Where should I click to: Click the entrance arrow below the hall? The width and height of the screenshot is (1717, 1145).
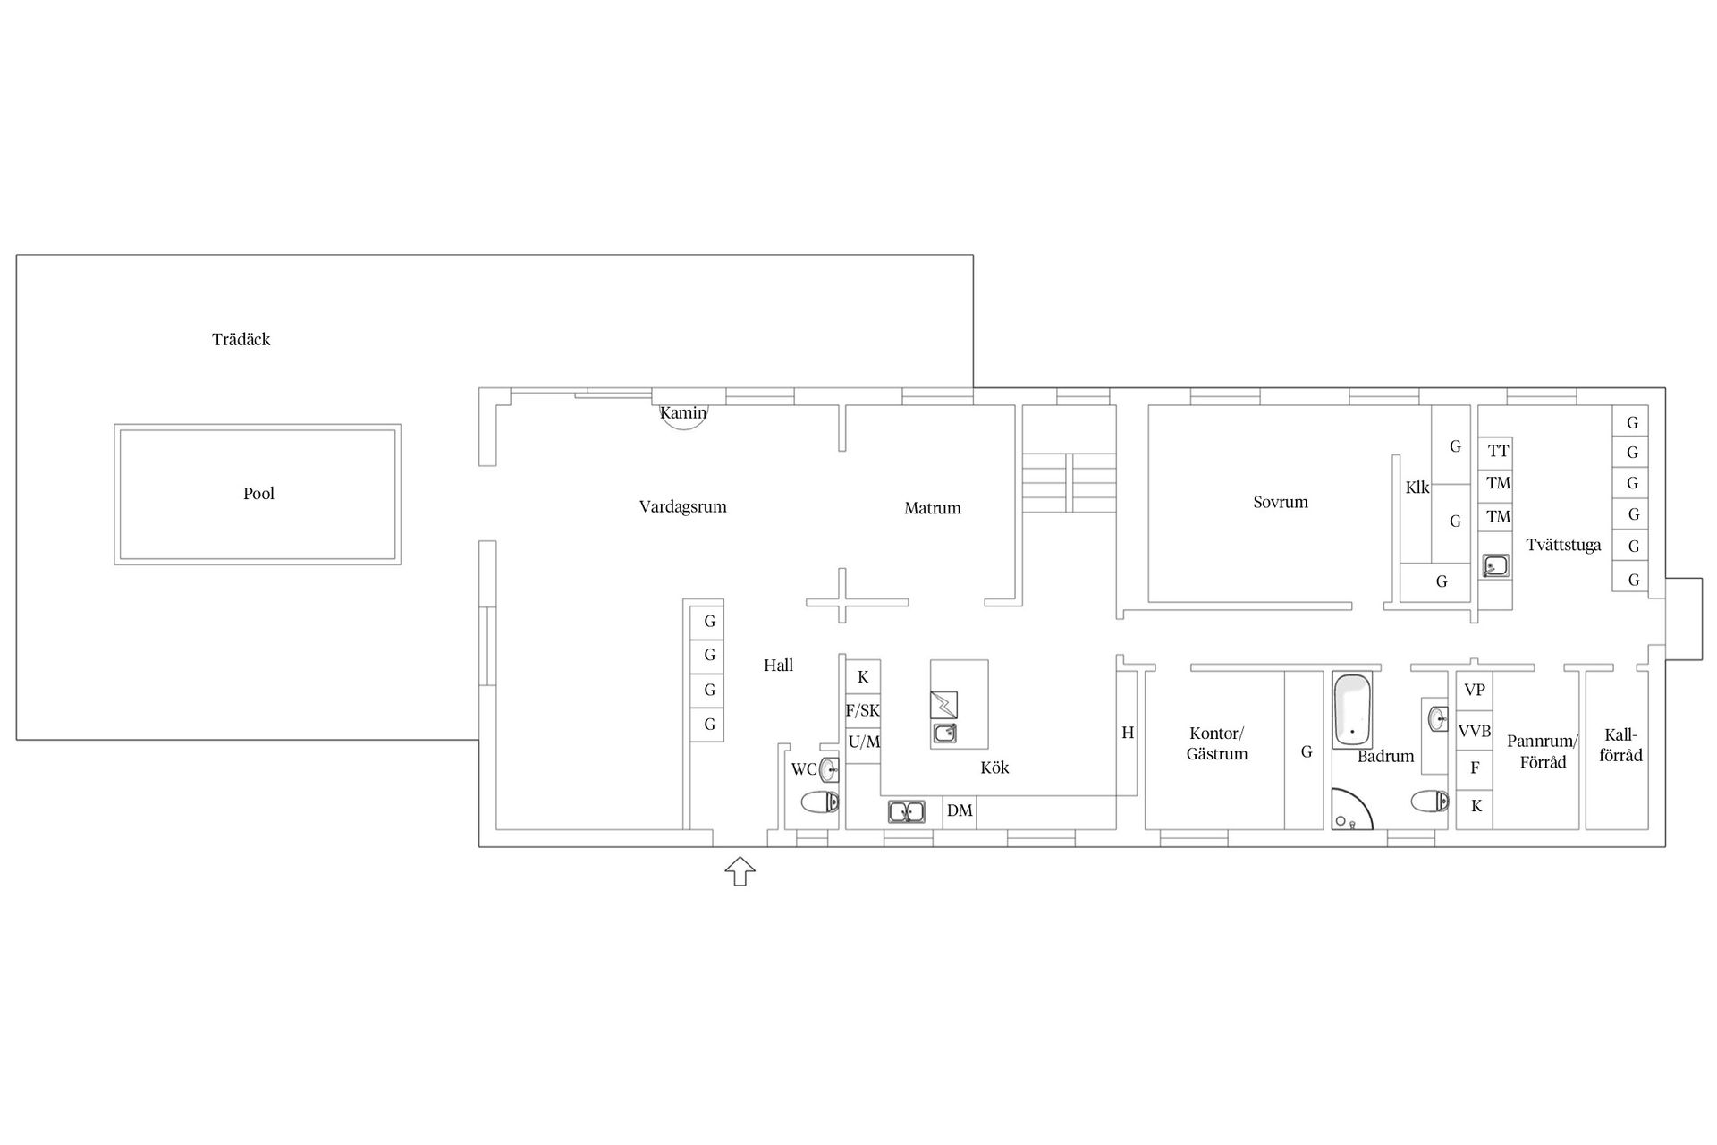740,870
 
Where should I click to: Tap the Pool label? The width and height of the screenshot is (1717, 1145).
258,494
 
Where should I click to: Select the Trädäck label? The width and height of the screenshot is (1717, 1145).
241,339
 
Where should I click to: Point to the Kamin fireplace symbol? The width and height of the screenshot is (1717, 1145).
683,417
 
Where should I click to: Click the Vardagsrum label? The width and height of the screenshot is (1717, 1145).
683,507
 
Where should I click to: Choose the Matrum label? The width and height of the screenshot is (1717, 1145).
932,508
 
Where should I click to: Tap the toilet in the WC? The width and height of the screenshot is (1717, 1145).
820,801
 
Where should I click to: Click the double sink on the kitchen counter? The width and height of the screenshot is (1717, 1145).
907,812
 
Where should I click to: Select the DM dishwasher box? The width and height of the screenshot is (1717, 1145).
960,811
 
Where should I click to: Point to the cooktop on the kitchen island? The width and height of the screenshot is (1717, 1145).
943,705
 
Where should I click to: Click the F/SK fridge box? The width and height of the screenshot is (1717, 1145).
863,711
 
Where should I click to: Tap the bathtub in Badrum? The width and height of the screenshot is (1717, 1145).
1352,710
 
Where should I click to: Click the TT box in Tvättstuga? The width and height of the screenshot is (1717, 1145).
1498,451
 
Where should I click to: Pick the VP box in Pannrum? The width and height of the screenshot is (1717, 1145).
1475,690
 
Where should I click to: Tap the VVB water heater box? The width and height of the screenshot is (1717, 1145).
1475,731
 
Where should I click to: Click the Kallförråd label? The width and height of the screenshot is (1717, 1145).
1620,745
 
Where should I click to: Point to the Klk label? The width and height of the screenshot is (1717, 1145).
1417,488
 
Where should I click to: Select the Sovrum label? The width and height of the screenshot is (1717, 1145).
1281,503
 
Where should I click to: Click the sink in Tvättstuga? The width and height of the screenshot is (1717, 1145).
1495,565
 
